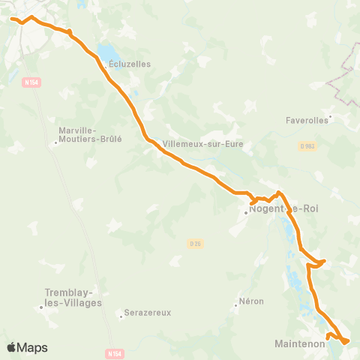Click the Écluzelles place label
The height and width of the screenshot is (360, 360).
130,64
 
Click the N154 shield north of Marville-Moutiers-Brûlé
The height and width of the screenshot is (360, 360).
31,82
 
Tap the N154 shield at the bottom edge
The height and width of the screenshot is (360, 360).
112,352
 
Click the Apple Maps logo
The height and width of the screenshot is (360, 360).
27,347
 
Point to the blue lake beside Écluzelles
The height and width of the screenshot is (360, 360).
106,52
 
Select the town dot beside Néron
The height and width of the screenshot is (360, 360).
235,304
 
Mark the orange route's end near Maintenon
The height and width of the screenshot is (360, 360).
346,342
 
